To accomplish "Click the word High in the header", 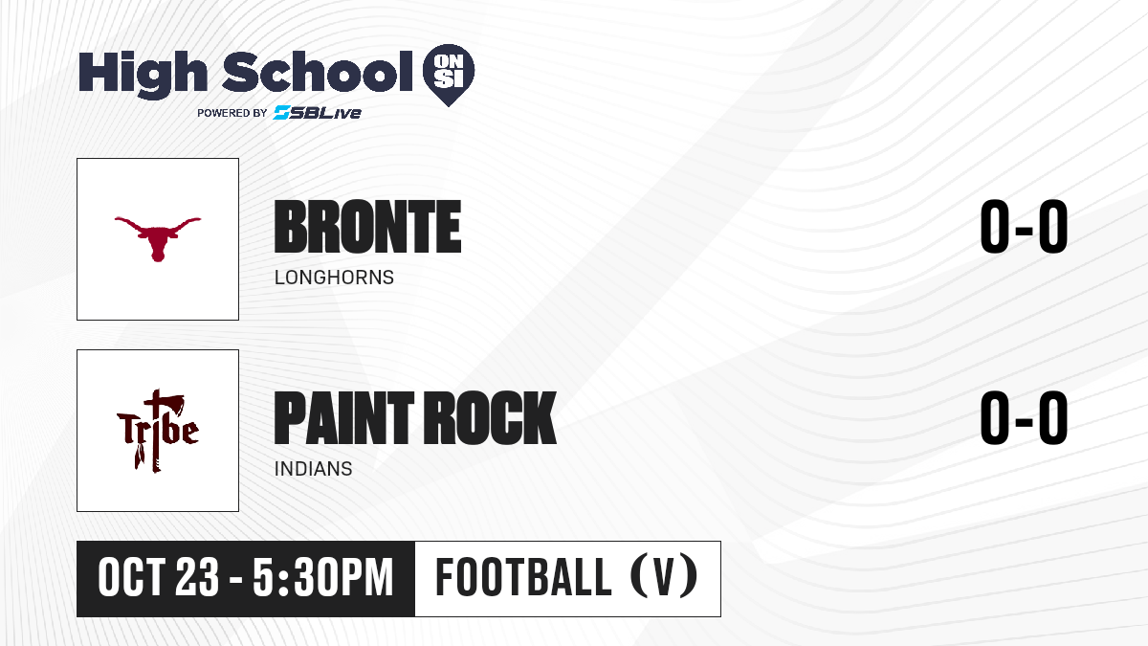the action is point(143,74).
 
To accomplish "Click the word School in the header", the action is point(318,71).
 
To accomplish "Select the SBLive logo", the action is point(317,112).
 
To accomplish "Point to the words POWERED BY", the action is point(232,113).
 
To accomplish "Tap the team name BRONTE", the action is point(367,227).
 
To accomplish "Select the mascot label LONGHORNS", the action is point(334,278).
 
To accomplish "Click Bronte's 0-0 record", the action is point(1024,226).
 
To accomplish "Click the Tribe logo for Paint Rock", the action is point(158,431).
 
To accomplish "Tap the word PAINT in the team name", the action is point(343,418).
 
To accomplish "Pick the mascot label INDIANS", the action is point(313,469).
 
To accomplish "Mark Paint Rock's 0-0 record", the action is point(1024,417).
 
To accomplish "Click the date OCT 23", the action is point(159,578).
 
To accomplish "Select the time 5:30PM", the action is point(323,578).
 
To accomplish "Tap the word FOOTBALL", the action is point(523,577).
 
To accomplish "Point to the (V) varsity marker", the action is point(664,577).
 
